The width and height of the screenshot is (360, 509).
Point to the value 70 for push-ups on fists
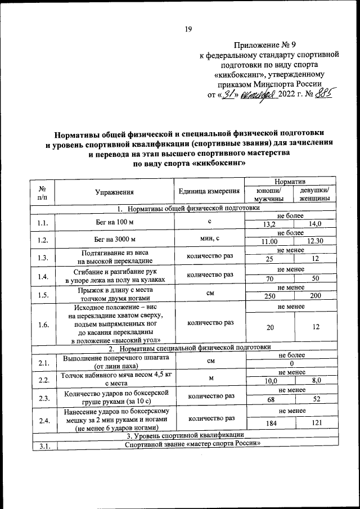[x=269, y=278]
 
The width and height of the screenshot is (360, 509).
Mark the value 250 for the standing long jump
[x=269, y=296]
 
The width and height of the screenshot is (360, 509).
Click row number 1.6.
[x=42, y=325]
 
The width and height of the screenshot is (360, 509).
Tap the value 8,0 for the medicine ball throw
[x=315, y=381]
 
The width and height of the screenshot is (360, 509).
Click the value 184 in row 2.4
[x=269, y=422]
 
